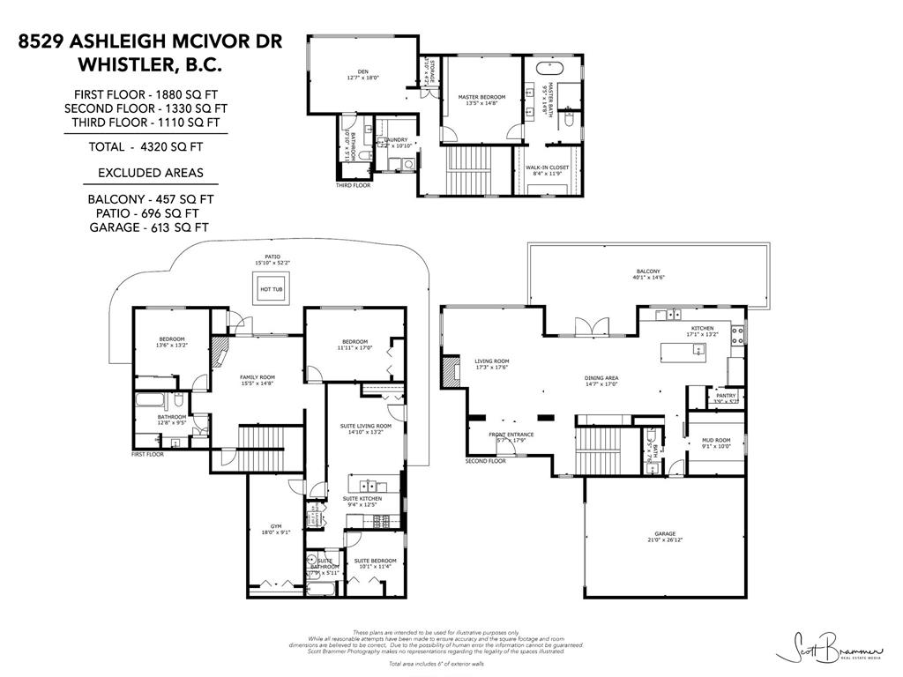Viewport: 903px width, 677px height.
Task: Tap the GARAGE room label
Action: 664,533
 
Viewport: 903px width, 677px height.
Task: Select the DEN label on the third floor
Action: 362,71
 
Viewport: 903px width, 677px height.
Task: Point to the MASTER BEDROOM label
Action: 481,96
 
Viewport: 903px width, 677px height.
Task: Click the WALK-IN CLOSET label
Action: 547,167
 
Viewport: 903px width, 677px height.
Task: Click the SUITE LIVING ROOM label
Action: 366,426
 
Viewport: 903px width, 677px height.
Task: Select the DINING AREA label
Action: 601,378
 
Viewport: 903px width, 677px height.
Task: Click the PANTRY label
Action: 726,396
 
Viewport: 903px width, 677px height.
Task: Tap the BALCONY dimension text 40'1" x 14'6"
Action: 648,279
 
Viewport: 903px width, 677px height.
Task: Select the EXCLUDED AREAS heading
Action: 150,172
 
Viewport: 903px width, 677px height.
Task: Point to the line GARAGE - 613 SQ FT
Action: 150,227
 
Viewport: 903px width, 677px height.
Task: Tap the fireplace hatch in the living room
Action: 451,372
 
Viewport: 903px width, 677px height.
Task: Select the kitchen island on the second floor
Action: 683,353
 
